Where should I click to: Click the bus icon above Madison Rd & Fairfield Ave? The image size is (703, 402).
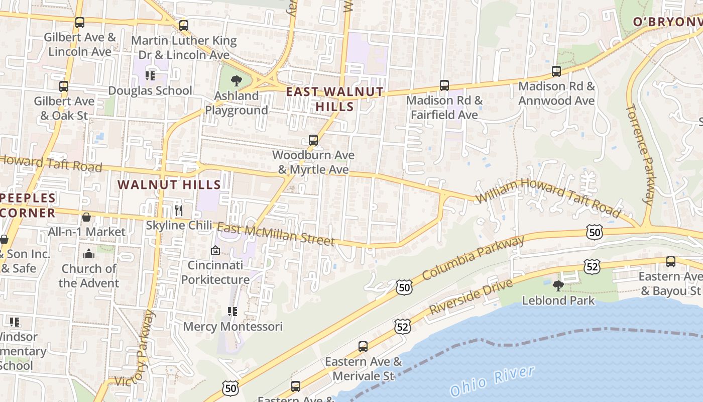(x=444, y=85)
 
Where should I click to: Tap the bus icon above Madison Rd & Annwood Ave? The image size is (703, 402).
(x=556, y=71)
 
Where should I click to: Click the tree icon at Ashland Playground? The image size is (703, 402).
(x=236, y=80)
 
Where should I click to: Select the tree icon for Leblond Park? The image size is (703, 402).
(x=558, y=286)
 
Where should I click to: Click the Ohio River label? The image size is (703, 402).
(x=492, y=381)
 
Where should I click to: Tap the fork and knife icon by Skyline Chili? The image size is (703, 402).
(x=178, y=210)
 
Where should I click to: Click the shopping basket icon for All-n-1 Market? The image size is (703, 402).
(x=86, y=217)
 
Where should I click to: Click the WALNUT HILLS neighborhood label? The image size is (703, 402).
(x=169, y=185)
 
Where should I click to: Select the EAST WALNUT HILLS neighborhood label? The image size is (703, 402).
(x=334, y=99)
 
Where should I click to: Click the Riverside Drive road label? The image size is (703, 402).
(x=471, y=296)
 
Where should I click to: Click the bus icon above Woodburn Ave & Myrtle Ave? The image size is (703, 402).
(x=313, y=140)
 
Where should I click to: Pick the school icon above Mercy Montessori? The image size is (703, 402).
(x=232, y=312)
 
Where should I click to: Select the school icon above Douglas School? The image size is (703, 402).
(x=150, y=76)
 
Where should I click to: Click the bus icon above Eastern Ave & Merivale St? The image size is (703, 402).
(x=363, y=347)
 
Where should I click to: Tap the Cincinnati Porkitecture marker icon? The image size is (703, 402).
(x=215, y=250)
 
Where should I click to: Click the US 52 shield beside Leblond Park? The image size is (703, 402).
(x=592, y=266)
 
